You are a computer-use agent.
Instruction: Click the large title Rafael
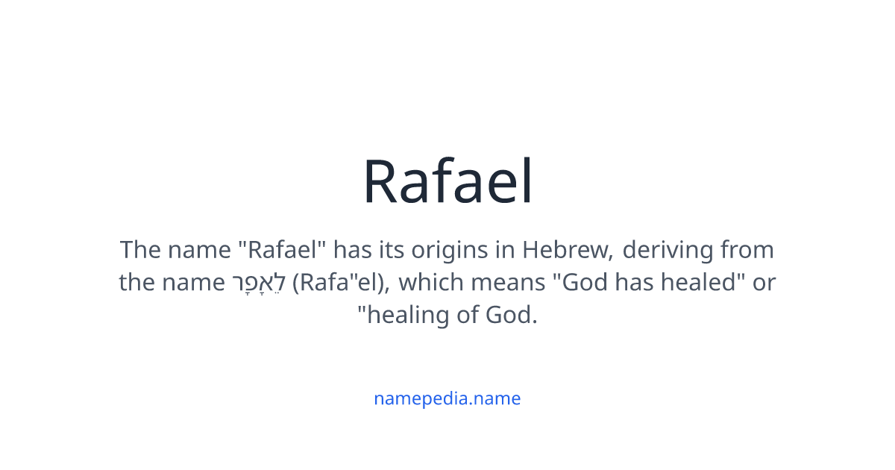[x=447, y=182]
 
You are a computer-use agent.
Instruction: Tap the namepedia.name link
[x=447, y=398]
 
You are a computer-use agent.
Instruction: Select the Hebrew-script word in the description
[x=258, y=283]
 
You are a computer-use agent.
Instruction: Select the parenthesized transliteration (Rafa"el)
[x=339, y=283]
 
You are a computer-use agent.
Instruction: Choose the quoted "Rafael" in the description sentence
[x=287, y=249]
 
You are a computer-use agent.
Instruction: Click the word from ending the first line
[x=747, y=249]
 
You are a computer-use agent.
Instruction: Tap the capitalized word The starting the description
[x=140, y=249]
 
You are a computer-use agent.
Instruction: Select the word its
[x=390, y=249]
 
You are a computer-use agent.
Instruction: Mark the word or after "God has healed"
[x=764, y=283]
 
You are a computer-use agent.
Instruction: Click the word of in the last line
[x=468, y=316]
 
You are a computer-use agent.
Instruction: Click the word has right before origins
[x=354, y=249]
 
